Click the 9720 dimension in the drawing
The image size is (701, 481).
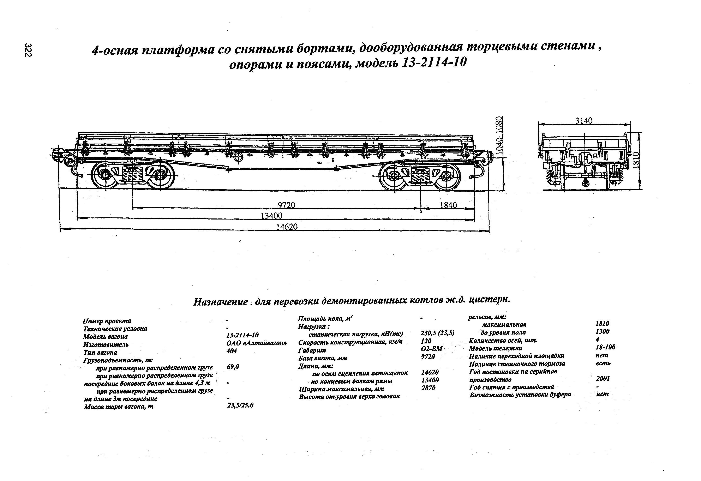[x=286, y=205]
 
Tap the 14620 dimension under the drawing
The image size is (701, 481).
[x=287, y=227]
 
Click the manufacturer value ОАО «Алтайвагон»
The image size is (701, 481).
[x=256, y=343]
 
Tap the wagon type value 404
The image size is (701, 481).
[x=232, y=351]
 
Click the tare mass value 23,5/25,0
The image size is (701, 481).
[x=240, y=406]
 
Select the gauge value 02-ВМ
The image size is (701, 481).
[x=431, y=349]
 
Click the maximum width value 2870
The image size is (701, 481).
[x=428, y=388]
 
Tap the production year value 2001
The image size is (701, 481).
[x=603, y=378]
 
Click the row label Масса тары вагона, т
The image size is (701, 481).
[x=119, y=407]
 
